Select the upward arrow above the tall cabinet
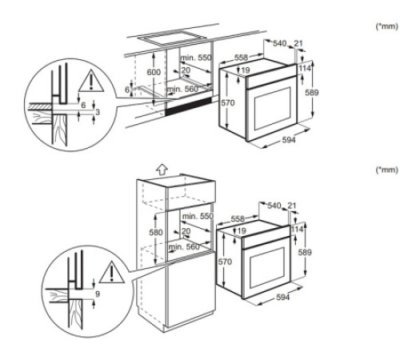161,170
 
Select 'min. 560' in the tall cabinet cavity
186,246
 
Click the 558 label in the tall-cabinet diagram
238,218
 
